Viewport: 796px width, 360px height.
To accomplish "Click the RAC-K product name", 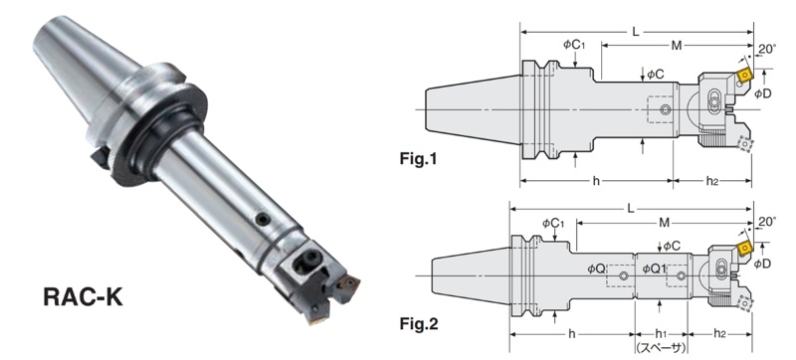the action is click(x=83, y=296).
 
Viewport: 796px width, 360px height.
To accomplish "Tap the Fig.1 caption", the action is click(x=418, y=160).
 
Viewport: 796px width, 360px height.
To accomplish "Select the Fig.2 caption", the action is click(x=419, y=324).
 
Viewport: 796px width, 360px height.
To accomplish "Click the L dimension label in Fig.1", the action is click(x=635, y=33).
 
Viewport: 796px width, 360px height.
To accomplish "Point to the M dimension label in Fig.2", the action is click(x=664, y=222).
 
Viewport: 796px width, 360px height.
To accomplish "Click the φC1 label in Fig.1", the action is click(x=574, y=45).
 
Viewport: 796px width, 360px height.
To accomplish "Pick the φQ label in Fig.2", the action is click(x=596, y=269).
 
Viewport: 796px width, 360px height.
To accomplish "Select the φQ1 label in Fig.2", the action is click(x=654, y=269).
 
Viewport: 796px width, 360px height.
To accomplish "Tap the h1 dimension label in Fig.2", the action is click(x=660, y=333).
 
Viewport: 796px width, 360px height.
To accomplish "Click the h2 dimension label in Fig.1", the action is click(x=712, y=181).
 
